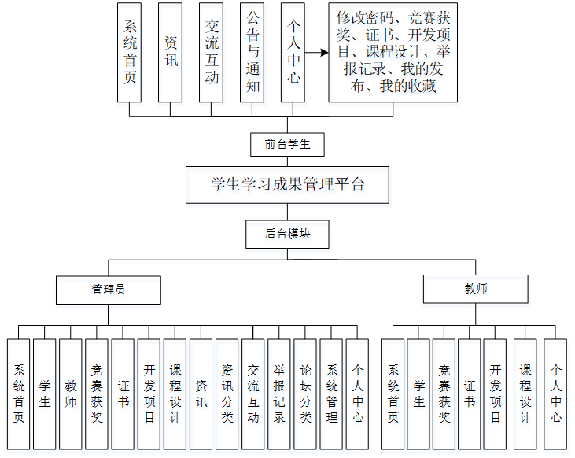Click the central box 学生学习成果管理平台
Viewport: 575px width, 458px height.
[287, 185]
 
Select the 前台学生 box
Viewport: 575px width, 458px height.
[287, 144]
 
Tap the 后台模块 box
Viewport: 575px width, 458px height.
[287, 233]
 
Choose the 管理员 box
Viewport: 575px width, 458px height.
[109, 289]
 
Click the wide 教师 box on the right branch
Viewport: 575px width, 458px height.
[475, 289]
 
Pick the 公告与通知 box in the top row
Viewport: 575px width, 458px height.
[252, 52]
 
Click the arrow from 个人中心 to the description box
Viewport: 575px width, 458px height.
[316, 53]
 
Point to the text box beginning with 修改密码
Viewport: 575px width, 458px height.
[393, 52]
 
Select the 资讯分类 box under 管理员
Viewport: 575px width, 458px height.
[227, 393]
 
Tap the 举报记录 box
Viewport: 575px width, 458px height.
[278, 393]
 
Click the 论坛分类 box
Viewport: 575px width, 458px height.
[305, 393]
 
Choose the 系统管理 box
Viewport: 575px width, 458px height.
[331, 393]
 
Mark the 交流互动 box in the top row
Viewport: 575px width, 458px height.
[211, 52]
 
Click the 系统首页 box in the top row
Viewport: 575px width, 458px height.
[129, 52]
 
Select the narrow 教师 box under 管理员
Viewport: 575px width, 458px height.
[71, 393]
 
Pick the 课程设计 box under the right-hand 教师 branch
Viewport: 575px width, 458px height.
[525, 393]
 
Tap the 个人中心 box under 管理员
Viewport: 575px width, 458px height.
[357, 393]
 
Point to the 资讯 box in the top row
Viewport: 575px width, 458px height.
[170, 52]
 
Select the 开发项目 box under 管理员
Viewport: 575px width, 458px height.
[149, 393]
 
